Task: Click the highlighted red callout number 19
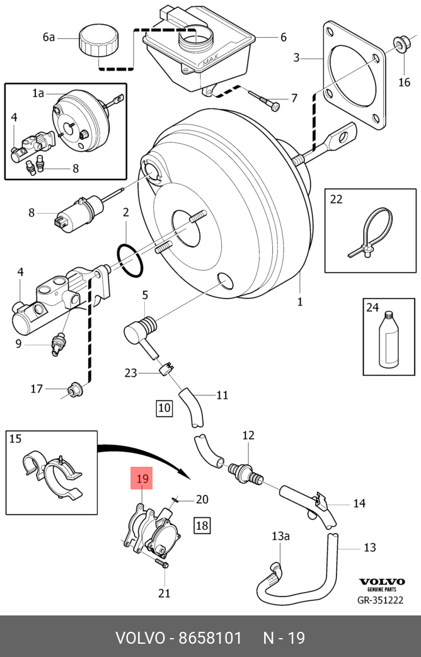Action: click(x=142, y=478)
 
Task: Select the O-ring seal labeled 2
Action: click(x=130, y=260)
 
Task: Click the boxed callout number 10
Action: click(x=164, y=408)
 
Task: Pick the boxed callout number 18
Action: click(x=202, y=525)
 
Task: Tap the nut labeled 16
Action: click(x=400, y=44)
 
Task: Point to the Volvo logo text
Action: click(x=381, y=581)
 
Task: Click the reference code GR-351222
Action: click(x=380, y=600)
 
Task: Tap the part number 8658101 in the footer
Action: click(x=211, y=638)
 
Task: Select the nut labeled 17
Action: click(x=76, y=390)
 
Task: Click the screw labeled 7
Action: click(x=266, y=102)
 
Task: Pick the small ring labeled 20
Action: click(x=175, y=498)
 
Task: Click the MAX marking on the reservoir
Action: click(x=211, y=61)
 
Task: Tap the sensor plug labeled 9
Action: click(x=58, y=344)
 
